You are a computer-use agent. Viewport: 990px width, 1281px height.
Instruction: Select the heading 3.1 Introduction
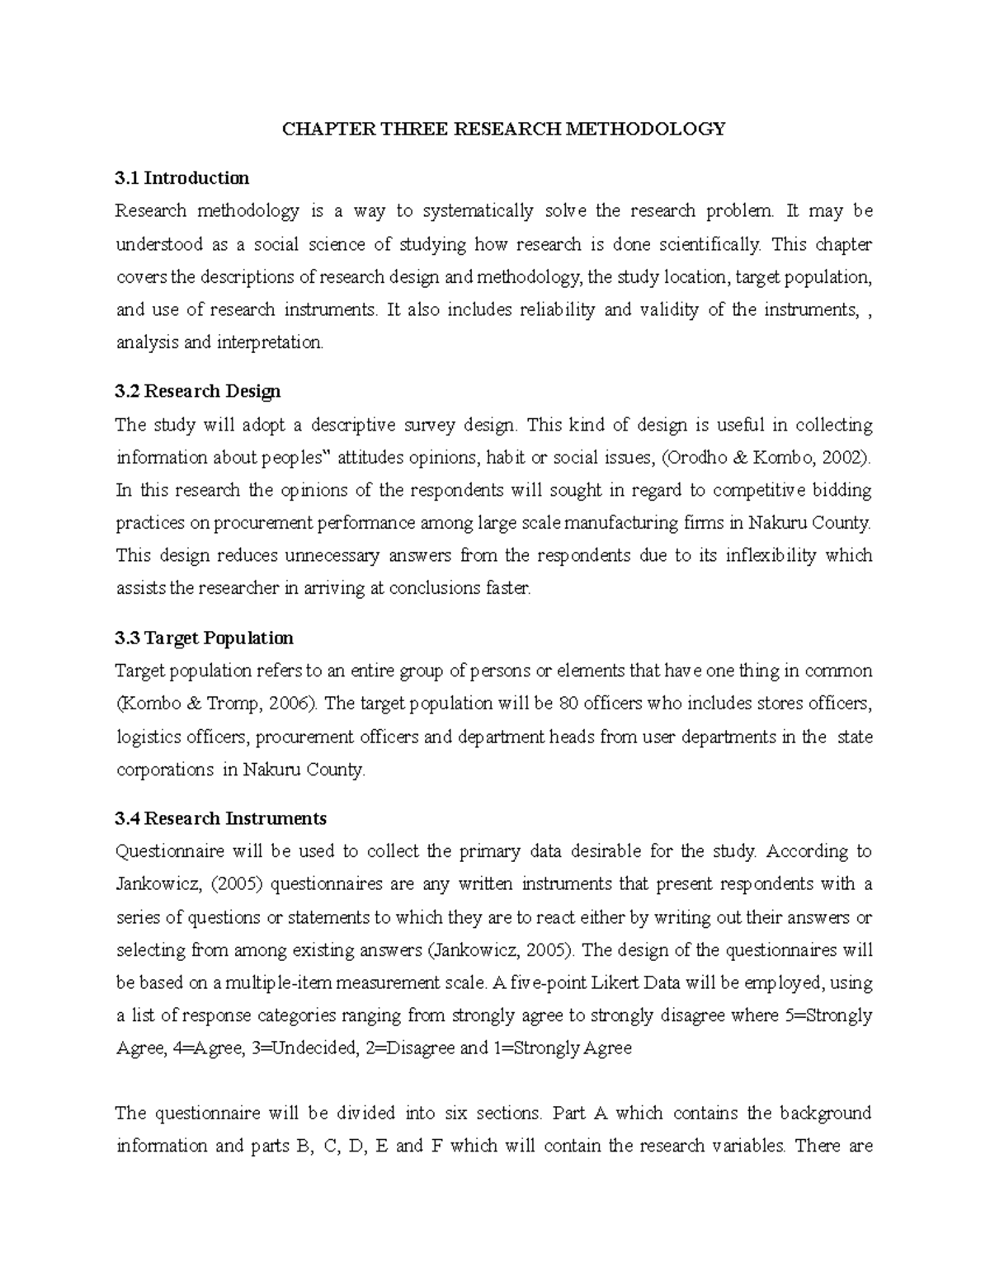pyautogui.click(x=182, y=178)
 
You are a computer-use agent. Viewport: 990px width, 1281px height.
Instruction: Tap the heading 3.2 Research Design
pyautogui.click(x=198, y=391)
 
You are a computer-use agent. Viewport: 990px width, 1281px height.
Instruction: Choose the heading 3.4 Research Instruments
pyautogui.click(x=221, y=818)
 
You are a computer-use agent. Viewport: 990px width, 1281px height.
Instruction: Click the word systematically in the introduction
pyautogui.click(x=478, y=211)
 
